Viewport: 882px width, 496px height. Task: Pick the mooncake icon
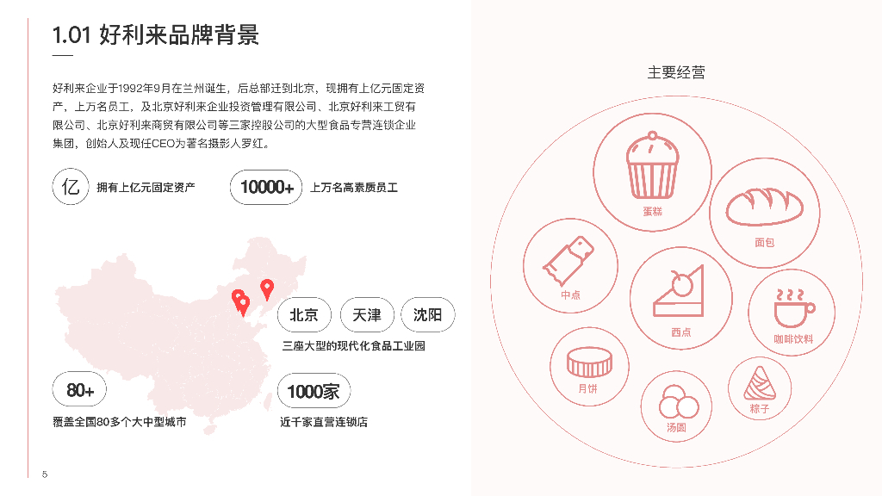588,361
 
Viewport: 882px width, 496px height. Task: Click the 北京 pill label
305,315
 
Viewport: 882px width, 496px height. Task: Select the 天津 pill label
367,315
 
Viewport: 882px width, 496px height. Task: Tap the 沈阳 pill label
427,315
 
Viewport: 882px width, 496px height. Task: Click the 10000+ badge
266,187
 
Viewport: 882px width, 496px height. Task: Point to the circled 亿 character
71,187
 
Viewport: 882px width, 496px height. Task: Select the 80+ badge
80,391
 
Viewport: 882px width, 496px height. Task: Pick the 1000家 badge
314,391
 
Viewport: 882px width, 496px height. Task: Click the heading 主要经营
676,73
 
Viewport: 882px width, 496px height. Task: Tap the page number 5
45,474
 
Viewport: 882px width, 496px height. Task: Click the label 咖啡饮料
792,339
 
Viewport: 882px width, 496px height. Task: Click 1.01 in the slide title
71,35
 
